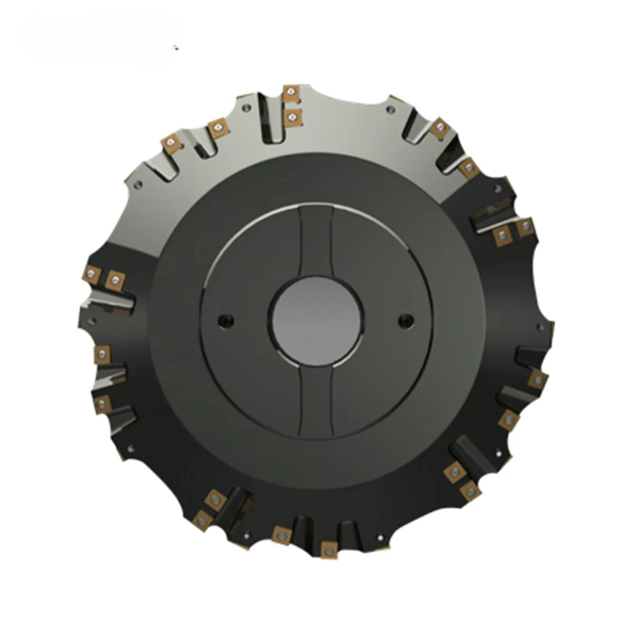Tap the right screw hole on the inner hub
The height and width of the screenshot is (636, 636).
coord(407,319)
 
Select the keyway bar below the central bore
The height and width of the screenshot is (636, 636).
coord(316,397)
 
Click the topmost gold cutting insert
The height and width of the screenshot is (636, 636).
coord(291,94)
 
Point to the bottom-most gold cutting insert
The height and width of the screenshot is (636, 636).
coord(327,549)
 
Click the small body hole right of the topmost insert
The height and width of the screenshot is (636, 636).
coord(390,110)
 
